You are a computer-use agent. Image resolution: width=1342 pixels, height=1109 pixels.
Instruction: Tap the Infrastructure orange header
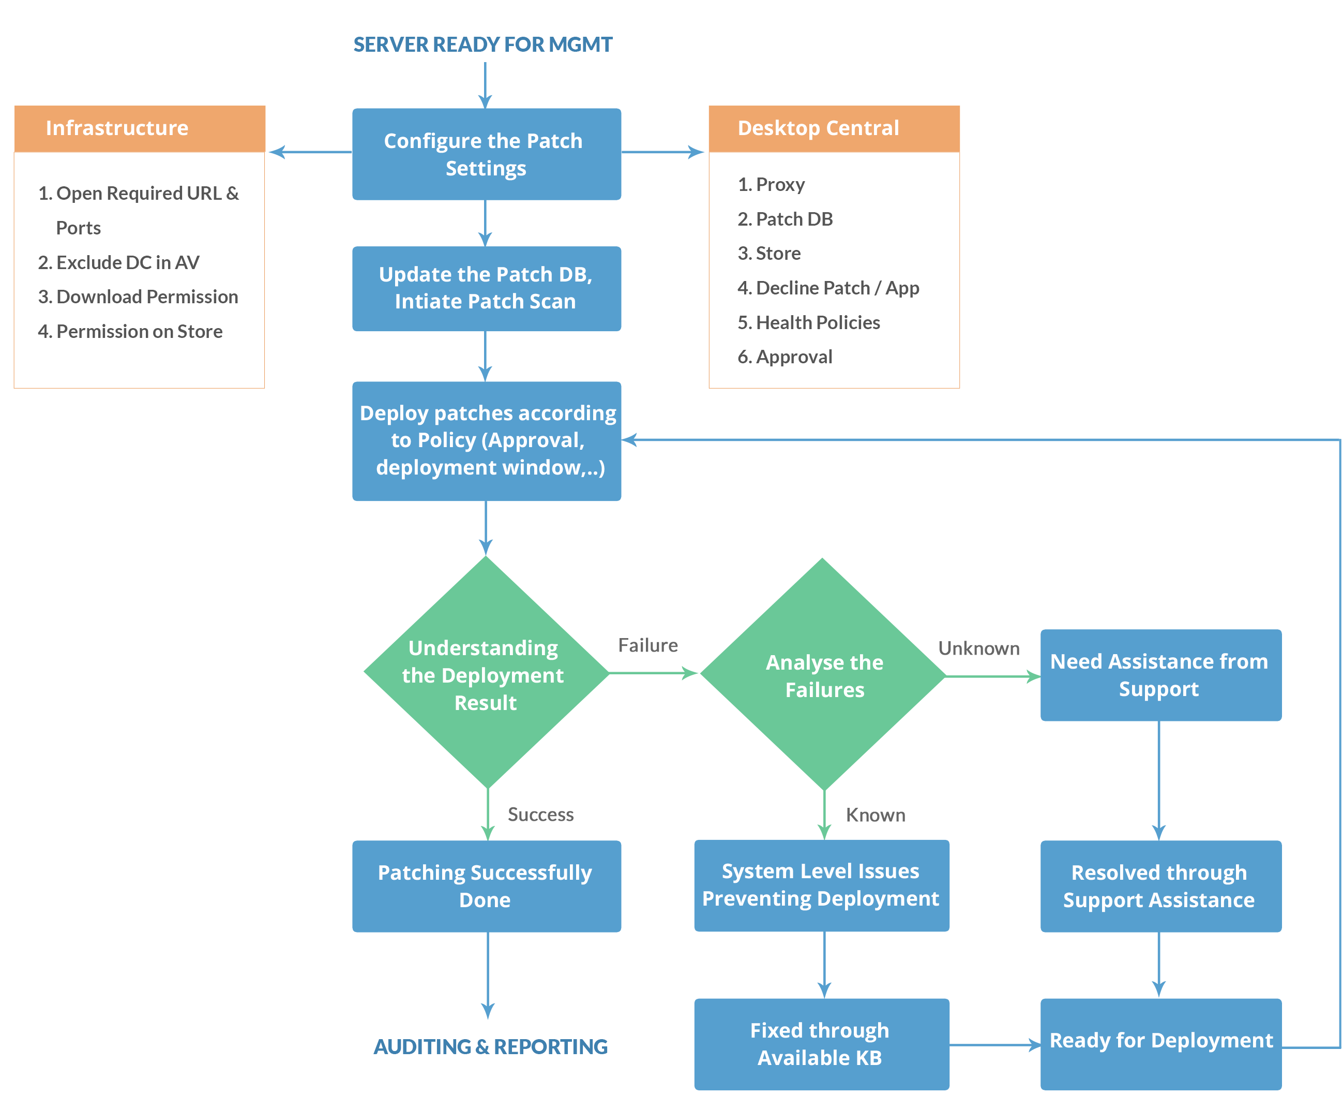[x=139, y=128]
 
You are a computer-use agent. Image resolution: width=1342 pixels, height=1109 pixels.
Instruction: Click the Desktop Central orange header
[x=833, y=128]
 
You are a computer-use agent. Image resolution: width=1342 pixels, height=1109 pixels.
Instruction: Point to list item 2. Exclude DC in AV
[x=119, y=262]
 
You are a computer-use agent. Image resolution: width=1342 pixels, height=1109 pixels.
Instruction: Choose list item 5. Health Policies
[x=808, y=322]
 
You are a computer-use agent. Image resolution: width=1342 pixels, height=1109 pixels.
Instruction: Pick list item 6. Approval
[x=785, y=357]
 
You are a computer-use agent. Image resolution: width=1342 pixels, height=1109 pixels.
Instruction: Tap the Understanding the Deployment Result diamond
[x=486, y=674]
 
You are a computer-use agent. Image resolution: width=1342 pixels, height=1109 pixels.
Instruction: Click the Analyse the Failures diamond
[x=824, y=676]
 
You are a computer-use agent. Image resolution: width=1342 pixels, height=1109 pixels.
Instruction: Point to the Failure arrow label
[x=647, y=645]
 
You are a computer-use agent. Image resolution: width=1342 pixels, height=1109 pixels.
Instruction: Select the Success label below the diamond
[x=540, y=815]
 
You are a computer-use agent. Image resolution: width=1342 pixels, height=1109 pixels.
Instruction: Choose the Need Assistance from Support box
[x=1160, y=675]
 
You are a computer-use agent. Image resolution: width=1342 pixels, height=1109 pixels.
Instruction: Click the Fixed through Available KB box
[x=821, y=1044]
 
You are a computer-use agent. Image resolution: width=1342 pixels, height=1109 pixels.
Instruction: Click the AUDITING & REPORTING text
[x=490, y=1046]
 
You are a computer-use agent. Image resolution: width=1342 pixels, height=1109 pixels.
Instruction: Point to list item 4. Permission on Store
[x=130, y=332]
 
